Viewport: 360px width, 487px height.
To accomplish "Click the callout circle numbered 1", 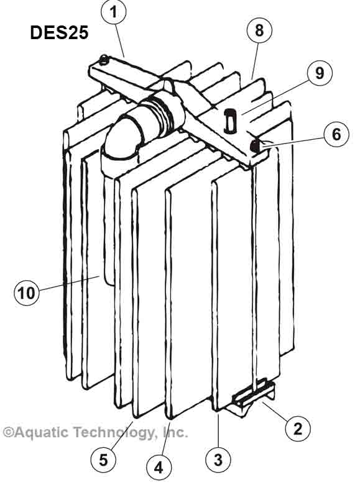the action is (x=113, y=12).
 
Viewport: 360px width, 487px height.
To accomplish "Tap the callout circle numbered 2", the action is (x=298, y=429).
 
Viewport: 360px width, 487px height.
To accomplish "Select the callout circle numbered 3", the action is (x=218, y=460).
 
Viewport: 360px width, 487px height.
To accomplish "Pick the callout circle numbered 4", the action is (x=159, y=467).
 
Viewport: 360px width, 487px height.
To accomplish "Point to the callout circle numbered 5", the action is (x=103, y=460).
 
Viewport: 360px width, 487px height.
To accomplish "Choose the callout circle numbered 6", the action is (x=336, y=134).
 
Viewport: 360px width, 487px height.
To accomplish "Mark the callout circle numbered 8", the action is (x=259, y=30).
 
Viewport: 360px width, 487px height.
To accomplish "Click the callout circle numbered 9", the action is (x=320, y=73).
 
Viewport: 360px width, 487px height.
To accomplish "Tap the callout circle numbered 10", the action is (x=27, y=293).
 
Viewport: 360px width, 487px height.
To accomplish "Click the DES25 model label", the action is (x=59, y=32).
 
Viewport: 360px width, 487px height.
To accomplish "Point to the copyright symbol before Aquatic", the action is (x=7, y=432).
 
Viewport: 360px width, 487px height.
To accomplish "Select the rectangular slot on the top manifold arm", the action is (x=230, y=121).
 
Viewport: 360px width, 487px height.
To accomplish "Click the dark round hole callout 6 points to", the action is (x=255, y=145).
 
